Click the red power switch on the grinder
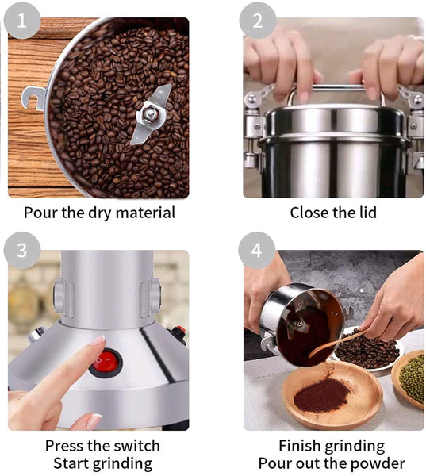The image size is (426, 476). pos(106,362)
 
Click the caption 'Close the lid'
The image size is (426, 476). pos(332,213)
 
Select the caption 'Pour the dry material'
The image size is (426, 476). pos(99,213)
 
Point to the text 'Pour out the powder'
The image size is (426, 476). pos(332,463)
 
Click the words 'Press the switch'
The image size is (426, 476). pos(102,445)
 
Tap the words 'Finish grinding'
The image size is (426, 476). pos(332,445)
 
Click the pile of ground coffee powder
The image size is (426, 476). pos(321,393)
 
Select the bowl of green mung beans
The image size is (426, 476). pos(411,378)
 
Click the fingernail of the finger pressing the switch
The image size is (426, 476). pos(98,340)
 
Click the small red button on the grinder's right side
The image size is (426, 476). pos(180,332)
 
